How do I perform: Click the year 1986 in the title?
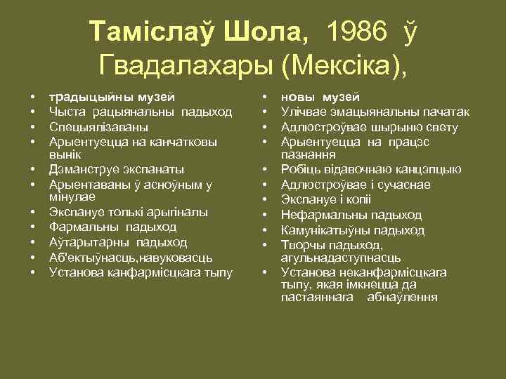[x=357, y=32]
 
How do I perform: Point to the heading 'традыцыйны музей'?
[x=112, y=96]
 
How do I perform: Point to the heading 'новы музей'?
[x=320, y=96]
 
